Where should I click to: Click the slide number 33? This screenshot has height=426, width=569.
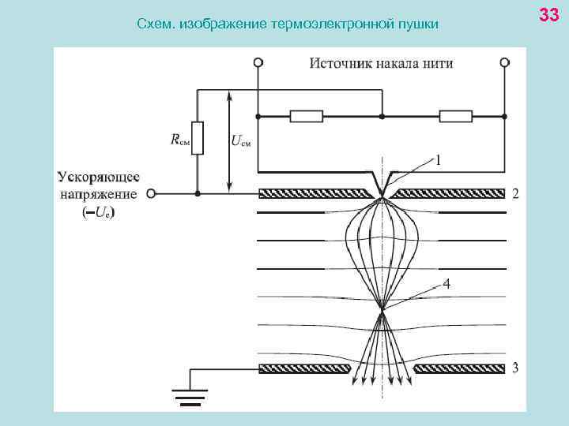pyautogui.click(x=548, y=14)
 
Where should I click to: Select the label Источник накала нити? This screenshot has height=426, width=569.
pyautogui.click(x=381, y=63)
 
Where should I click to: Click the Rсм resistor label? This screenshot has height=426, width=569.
pyautogui.click(x=180, y=140)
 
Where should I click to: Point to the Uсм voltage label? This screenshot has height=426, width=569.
pyautogui.click(x=241, y=141)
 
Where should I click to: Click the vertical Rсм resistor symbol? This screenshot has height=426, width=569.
pyautogui.click(x=198, y=138)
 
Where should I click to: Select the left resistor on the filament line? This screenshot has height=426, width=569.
pyautogui.click(x=307, y=117)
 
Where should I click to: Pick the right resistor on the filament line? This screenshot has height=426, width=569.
pyautogui.click(x=456, y=117)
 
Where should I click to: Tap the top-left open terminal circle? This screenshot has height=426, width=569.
pyautogui.click(x=258, y=62)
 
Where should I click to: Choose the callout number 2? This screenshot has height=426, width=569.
pyautogui.click(x=515, y=193)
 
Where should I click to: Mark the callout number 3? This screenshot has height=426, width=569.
pyautogui.click(x=515, y=368)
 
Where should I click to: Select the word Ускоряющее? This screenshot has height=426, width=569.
pyautogui.click(x=99, y=177)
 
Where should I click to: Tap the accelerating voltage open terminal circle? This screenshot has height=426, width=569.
pyautogui.click(x=151, y=193)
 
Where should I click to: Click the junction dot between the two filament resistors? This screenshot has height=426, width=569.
pyautogui.click(x=382, y=117)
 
